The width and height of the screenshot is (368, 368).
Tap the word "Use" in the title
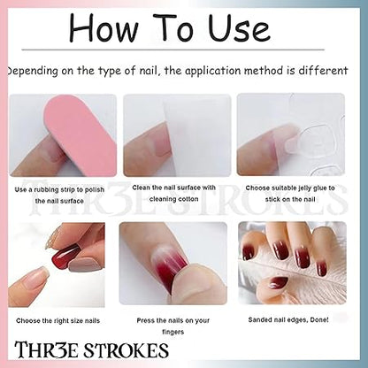click(x=239, y=27)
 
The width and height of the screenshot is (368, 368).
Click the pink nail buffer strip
click(x=80, y=135)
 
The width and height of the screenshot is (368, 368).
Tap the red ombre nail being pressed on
click(x=169, y=263)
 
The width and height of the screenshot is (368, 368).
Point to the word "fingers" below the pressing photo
click(x=173, y=332)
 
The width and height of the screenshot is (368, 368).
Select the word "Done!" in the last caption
click(x=319, y=319)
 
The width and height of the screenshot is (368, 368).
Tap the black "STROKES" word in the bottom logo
click(x=126, y=350)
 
